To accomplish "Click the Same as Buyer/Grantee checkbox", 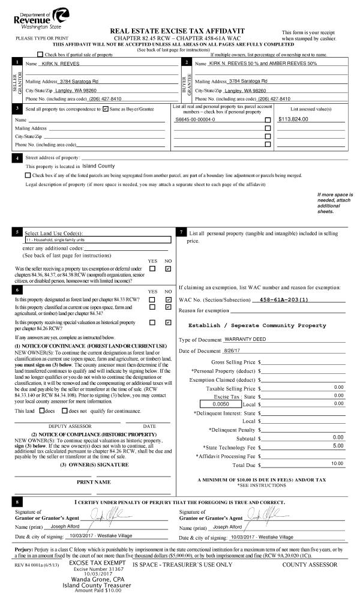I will click(x=106, y=109).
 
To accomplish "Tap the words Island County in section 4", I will click(x=98, y=166).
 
